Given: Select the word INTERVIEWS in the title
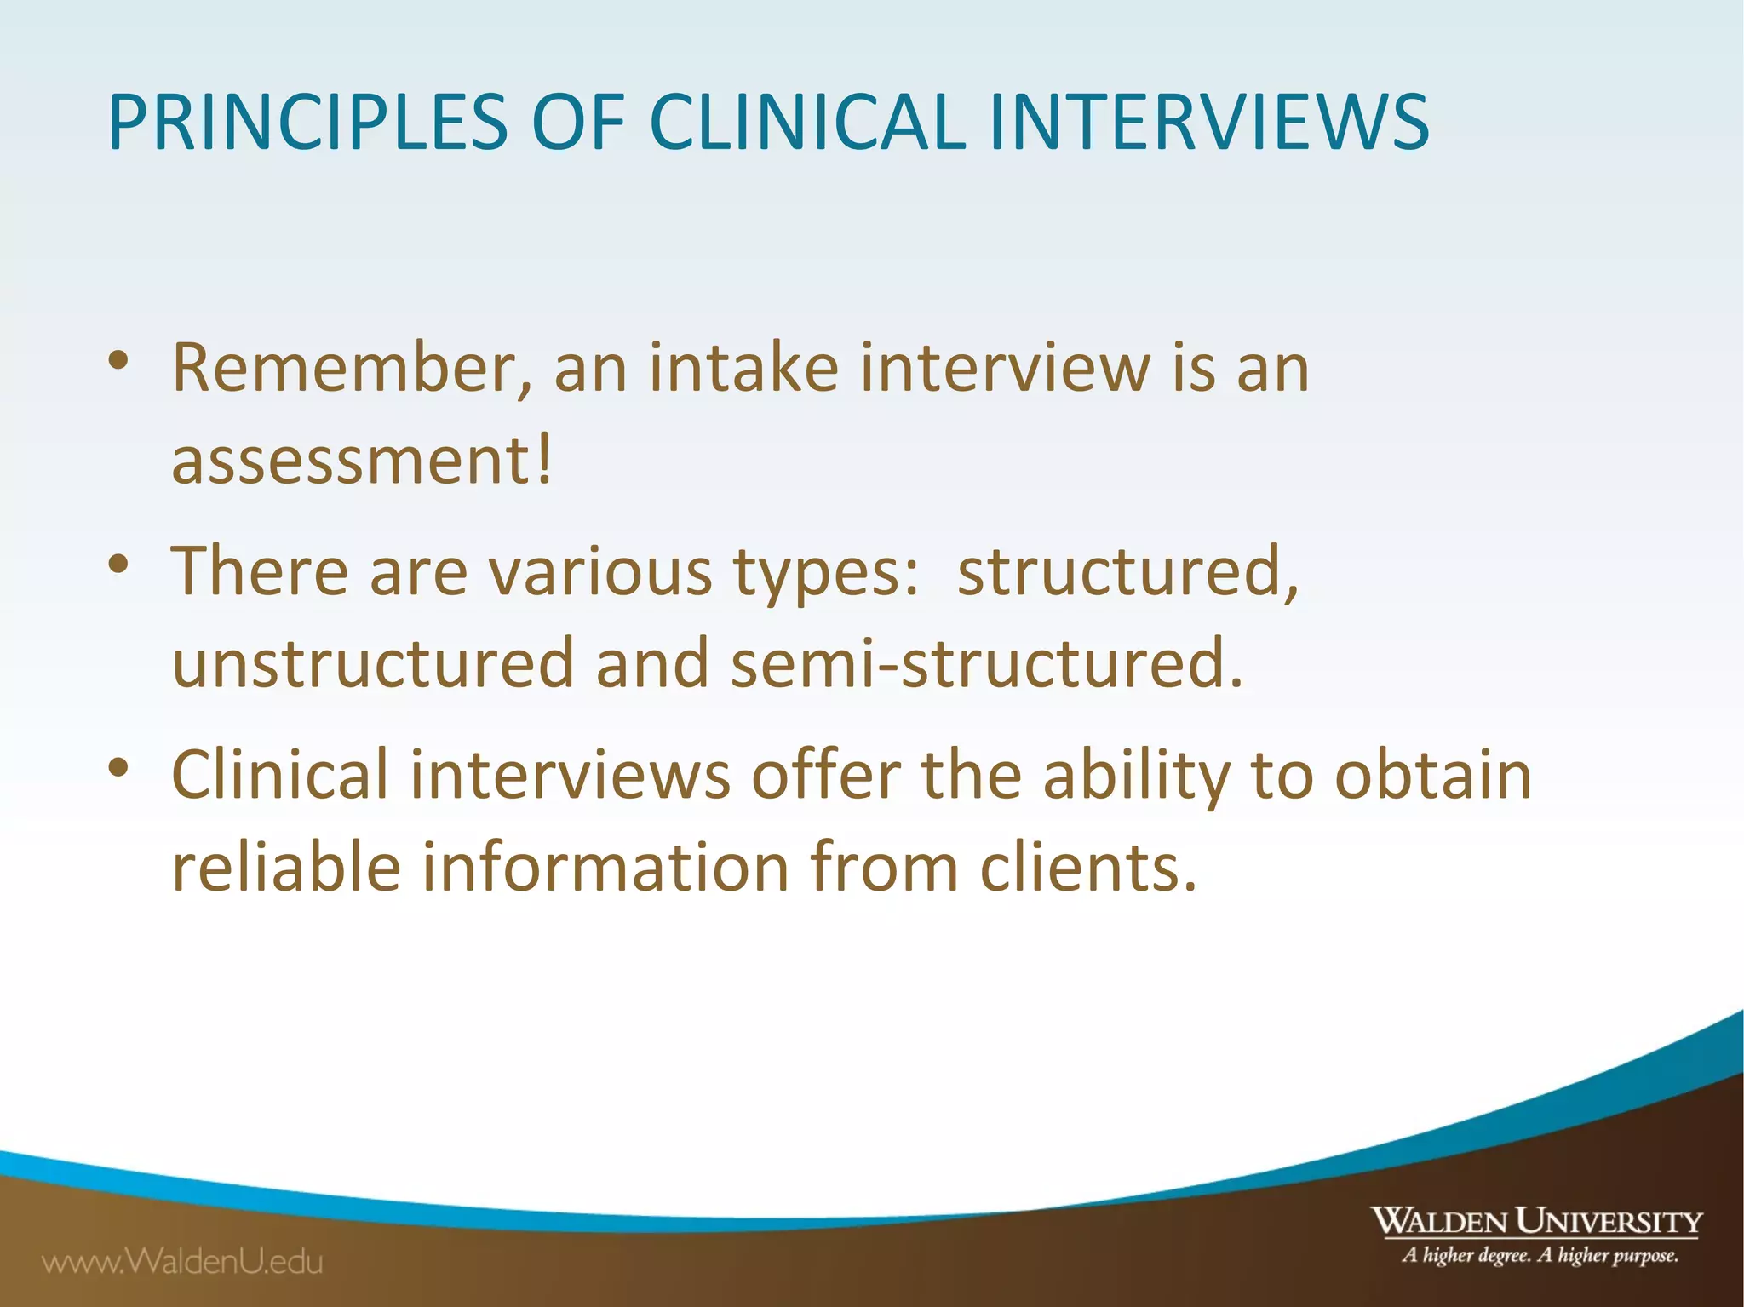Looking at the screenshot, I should click(x=1208, y=123).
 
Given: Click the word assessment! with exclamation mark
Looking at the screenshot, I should click(x=362, y=461).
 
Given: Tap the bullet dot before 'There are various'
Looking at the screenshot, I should click(x=118, y=564).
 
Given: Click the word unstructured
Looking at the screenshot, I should click(x=373, y=663).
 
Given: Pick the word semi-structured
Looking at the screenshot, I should click(x=987, y=663).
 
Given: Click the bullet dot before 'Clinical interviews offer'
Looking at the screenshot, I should click(x=118, y=767).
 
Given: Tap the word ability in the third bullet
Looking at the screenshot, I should click(x=1136, y=777).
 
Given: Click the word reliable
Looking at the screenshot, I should click(x=286, y=867).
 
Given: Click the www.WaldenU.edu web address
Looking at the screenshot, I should click(x=183, y=1261).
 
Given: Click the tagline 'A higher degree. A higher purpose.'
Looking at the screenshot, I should click(x=1540, y=1255).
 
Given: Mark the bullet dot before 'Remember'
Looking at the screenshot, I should click(x=118, y=360).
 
